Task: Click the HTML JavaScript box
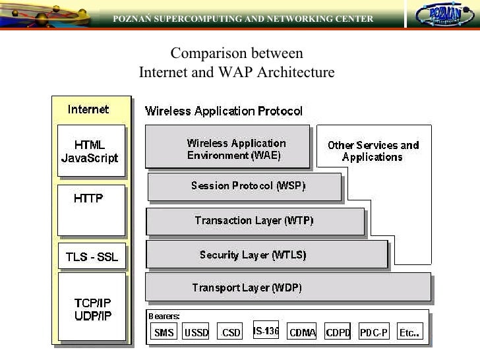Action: pyautogui.click(x=90, y=151)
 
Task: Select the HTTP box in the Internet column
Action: pyautogui.click(x=90, y=210)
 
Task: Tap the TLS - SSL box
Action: pyautogui.click(x=91, y=257)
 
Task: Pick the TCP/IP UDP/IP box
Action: pyautogui.click(x=92, y=307)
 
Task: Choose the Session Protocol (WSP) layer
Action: pyautogui.click(x=245, y=186)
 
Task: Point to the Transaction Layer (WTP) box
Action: pyautogui.click(x=255, y=221)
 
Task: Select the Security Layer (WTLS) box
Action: pyautogui.click(x=266, y=255)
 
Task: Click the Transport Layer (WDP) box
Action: pyautogui.click(x=287, y=287)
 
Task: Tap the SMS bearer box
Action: pyautogui.click(x=164, y=332)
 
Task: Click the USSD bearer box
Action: pyautogui.click(x=196, y=332)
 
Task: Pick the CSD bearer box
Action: pyautogui.click(x=231, y=332)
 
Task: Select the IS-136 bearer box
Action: pyautogui.click(x=266, y=331)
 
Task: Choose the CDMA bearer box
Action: pyautogui.click(x=303, y=332)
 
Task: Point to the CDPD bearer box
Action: pyautogui.click(x=338, y=332)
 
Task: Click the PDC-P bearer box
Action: pyautogui.click(x=373, y=332)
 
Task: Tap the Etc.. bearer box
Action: pyautogui.click(x=409, y=332)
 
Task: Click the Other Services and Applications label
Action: pyautogui.click(x=373, y=151)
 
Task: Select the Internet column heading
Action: pyautogui.click(x=88, y=109)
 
